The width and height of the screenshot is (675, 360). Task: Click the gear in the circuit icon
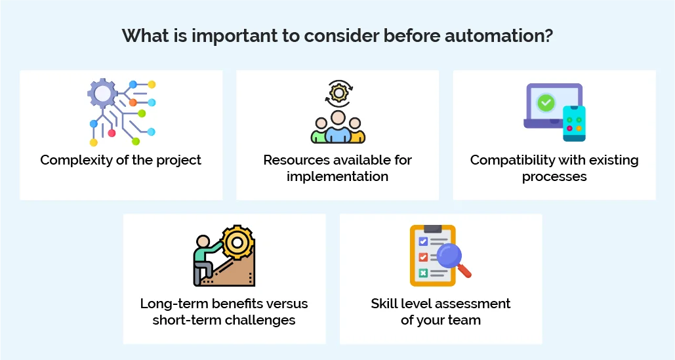[x=102, y=93]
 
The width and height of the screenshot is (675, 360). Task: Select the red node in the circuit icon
[x=112, y=133]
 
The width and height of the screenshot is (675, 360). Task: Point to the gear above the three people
[x=338, y=93]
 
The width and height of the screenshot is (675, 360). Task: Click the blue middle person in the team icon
[x=338, y=127]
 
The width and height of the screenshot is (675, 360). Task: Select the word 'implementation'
[x=337, y=176]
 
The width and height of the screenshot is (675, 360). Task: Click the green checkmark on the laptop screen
[x=545, y=103]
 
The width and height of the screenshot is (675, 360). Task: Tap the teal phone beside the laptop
[x=574, y=123]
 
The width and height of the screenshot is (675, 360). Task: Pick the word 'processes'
[x=554, y=176]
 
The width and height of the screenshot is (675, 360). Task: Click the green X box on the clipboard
[x=423, y=273]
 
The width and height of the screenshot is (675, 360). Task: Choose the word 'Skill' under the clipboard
[x=385, y=304]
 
